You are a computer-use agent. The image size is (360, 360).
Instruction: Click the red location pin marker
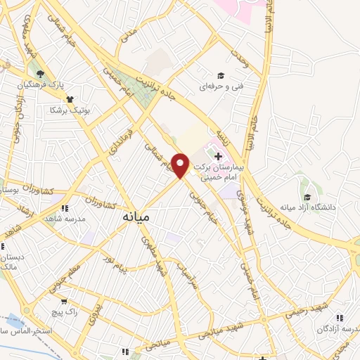tap(181, 165)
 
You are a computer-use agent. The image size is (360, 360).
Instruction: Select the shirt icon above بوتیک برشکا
tap(70, 99)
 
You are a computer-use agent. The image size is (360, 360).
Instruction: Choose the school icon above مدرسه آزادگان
tap(340, 317)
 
